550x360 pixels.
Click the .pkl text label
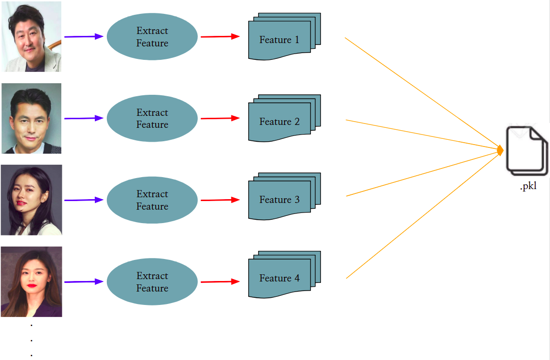tap(528, 187)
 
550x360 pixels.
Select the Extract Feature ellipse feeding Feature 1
tap(152, 37)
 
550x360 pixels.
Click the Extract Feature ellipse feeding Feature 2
tap(152, 118)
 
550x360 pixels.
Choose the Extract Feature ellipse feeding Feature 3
tap(152, 200)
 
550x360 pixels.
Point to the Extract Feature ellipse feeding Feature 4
tap(152, 282)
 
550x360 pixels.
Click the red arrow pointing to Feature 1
tap(219, 36)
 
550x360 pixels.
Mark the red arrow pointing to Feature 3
tap(219, 200)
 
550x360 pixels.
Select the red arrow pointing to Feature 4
tap(219, 282)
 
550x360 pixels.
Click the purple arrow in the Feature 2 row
tap(83, 118)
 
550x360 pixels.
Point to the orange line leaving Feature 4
tap(422, 215)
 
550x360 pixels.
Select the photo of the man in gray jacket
tap(32, 37)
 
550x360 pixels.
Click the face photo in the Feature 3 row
tap(32, 200)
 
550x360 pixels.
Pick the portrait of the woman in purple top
tap(32, 282)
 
